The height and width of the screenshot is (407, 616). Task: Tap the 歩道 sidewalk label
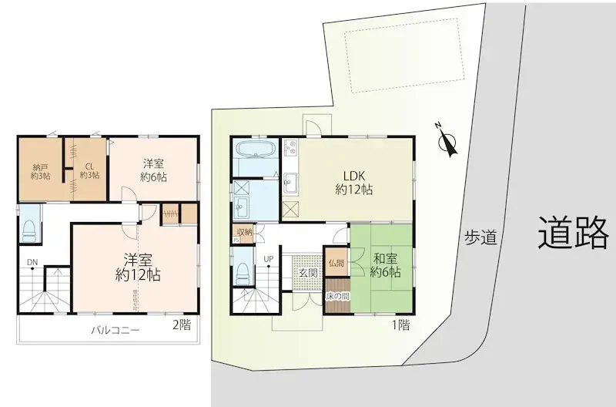(x=478, y=238)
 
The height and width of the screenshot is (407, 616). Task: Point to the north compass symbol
(x=445, y=142)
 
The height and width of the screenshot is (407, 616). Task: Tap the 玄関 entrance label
(x=307, y=272)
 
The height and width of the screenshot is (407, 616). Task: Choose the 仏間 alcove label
(x=336, y=263)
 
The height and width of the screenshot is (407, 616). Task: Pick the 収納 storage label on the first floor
(x=244, y=232)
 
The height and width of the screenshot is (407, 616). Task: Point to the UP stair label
(x=269, y=258)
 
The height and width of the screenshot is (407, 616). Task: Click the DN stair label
(x=32, y=263)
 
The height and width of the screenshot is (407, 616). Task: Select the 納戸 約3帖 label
(x=41, y=170)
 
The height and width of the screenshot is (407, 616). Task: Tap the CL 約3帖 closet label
(x=89, y=170)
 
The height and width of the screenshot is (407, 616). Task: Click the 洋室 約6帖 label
(x=154, y=170)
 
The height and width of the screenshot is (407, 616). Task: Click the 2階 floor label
(x=182, y=325)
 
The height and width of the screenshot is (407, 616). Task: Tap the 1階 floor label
(x=400, y=326)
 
